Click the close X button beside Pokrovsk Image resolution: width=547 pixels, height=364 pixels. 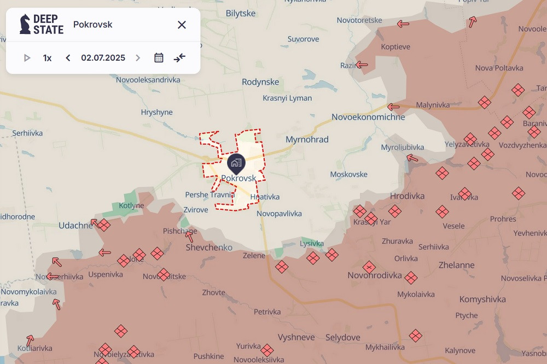coord(182,25)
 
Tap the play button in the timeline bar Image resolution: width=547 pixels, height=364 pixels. coord(27,58)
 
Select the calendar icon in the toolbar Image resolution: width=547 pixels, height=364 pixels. coord(159,58)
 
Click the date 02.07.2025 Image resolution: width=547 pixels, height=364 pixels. coord(103,58)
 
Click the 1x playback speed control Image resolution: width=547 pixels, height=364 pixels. coord(48,58)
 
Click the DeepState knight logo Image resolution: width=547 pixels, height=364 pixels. coord(25,25)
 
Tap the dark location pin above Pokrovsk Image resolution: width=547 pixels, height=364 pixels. coord(236,163)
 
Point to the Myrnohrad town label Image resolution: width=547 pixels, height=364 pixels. coord(307,139)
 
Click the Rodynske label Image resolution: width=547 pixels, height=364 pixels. coord(260,82)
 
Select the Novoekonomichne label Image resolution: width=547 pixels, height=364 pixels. coord(368,117)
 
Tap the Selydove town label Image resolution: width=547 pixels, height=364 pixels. coord(342,337)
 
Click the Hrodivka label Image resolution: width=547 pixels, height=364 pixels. coord(407,196)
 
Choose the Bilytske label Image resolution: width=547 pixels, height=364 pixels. coord(241,13)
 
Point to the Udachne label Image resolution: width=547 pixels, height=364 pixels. coord(76,225)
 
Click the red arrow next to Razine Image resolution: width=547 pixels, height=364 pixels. coord(362,65)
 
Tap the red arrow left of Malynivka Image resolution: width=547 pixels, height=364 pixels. coord(393,107)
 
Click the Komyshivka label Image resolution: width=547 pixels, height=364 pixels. coord(482,300)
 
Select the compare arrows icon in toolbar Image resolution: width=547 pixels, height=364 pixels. coord(180,58)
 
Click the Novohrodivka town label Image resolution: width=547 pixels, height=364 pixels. coord(375,275)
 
